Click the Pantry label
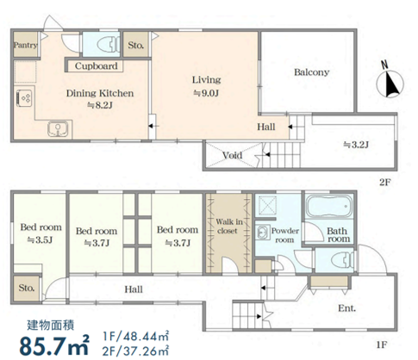[26, 45]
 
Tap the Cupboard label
[97, 66]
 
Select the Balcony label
[311, 72]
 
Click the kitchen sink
[59, 128]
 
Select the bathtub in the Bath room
[329, 207]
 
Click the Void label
[233, 155]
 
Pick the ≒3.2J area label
[356, 145]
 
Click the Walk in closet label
[229, 226]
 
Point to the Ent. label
[346, 308]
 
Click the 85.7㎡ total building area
[54, 345]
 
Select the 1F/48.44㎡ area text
[135, 336]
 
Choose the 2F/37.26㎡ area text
[135, 351]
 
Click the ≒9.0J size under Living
[206, 93]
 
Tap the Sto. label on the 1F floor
[27, 288]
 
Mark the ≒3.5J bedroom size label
[40, 239]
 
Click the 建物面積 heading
[51, 325]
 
